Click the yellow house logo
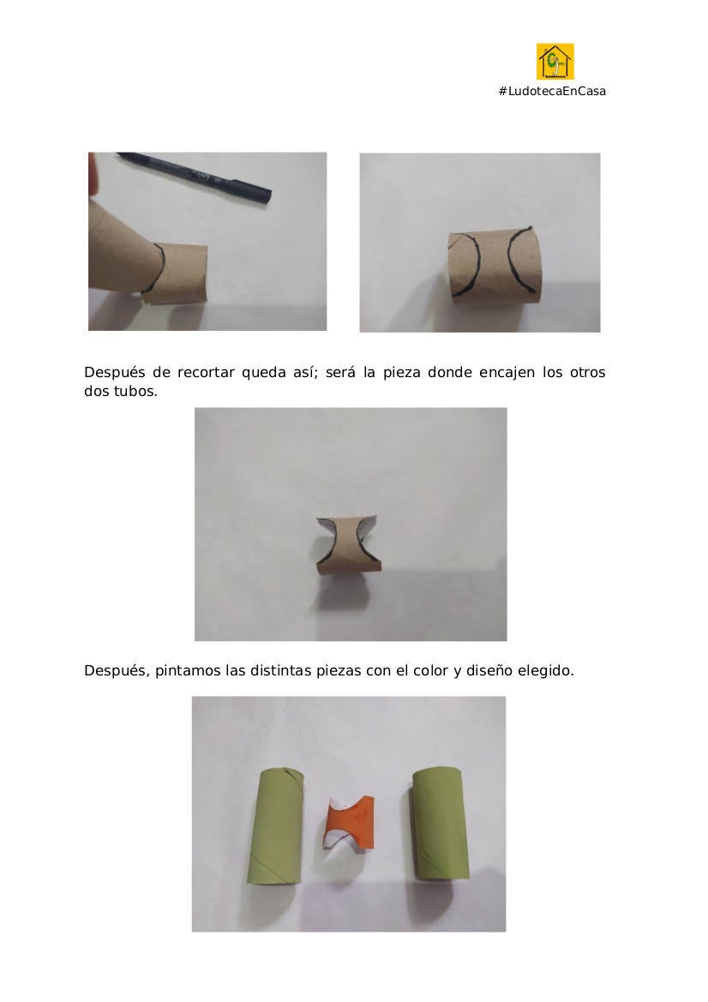555,62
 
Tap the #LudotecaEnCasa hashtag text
552,92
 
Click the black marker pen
195,177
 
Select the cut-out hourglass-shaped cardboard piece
349,543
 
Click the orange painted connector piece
351,823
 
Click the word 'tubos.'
135,391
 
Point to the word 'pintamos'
187,671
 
